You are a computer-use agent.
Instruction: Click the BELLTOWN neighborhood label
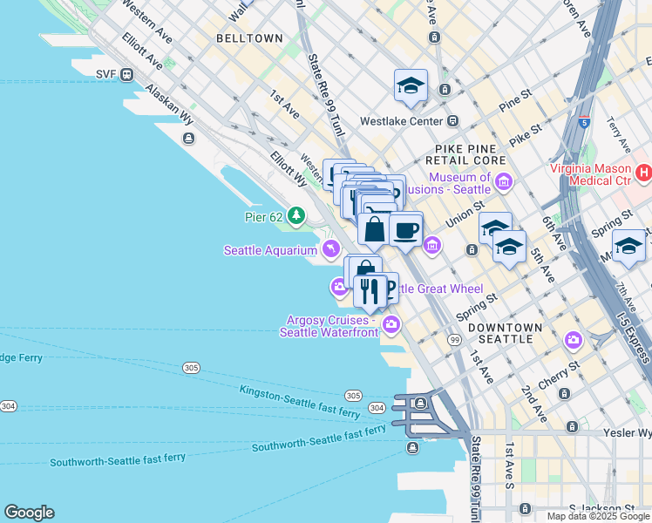(x=249, y=38)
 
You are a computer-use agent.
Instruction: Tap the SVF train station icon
(x=126, y=74)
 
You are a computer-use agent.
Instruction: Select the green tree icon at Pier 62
(x=296, y=214)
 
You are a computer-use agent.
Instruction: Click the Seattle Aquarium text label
(x=270, y=251)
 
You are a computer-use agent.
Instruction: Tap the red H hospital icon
(x=644, y=173)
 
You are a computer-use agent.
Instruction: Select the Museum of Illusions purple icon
(x=504, y=182)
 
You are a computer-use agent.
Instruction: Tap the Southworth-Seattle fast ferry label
(x=319, y=439)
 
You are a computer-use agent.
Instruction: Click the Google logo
(x=29, y=513)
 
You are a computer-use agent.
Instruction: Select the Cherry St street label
(x=559, y=377)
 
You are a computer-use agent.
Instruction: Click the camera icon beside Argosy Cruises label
(x=391, y=325)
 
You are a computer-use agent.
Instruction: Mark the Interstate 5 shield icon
(x=584, y=125)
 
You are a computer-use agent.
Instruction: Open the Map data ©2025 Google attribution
(x=598, y=516)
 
